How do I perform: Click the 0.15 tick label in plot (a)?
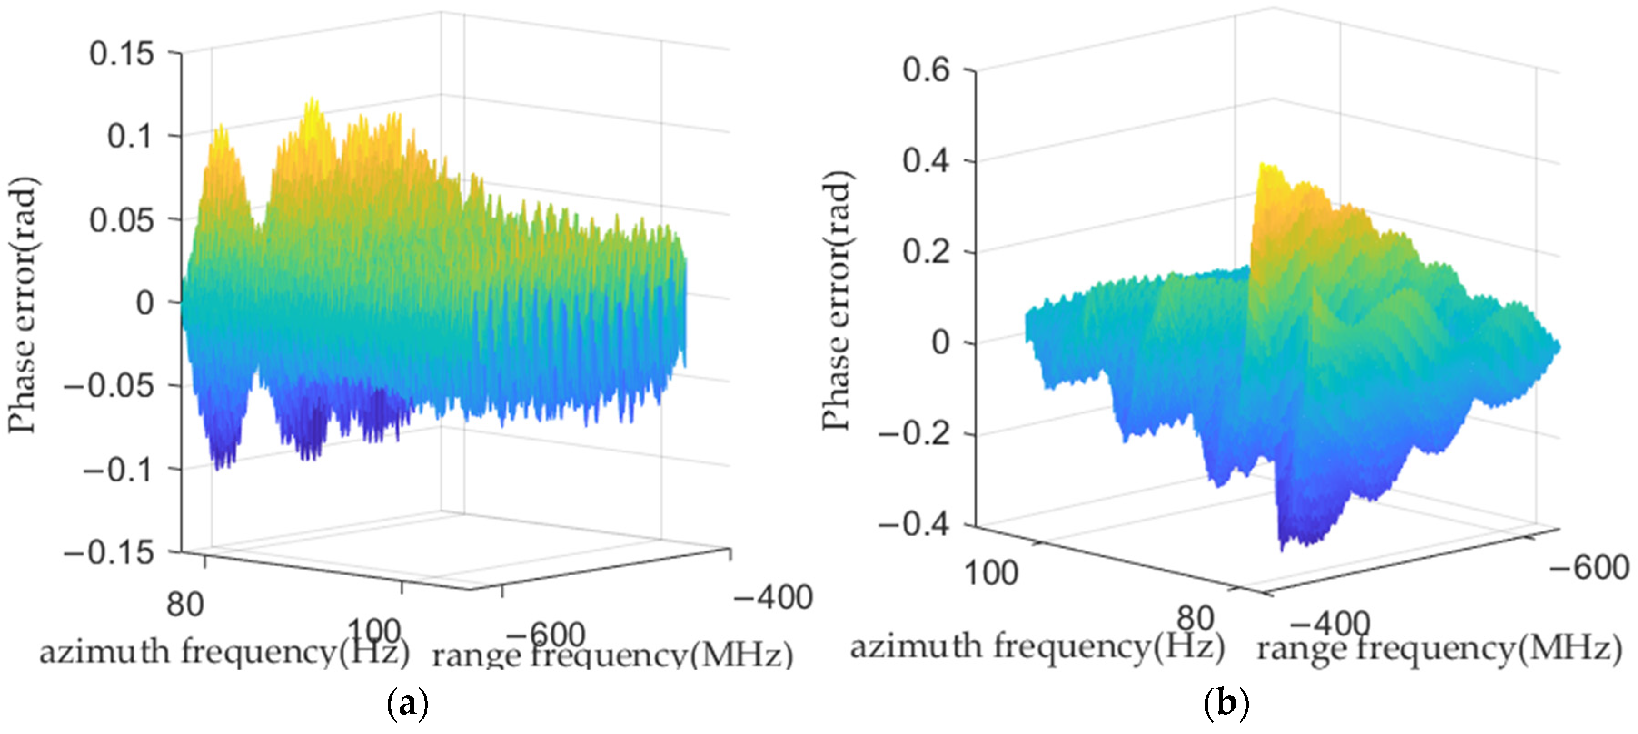121,54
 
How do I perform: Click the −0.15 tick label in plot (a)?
109,552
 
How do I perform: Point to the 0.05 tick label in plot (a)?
121,221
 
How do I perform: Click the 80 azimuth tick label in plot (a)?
185,604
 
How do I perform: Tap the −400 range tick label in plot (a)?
773,598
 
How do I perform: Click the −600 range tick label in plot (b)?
1589,567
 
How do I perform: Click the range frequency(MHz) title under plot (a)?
612,655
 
